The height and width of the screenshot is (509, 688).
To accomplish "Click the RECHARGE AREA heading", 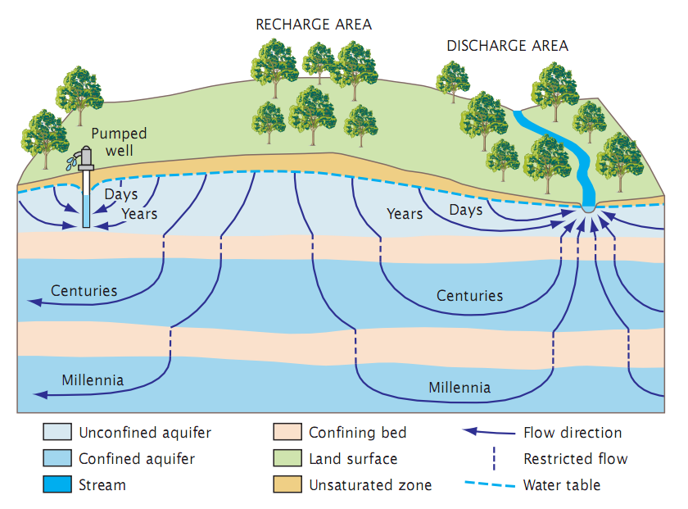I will (x=314, y=25).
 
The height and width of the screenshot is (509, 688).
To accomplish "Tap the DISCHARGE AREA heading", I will (x=507, y=46).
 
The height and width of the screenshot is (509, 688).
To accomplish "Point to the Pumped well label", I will (x=119, y=141).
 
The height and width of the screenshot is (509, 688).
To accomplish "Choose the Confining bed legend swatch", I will (x=286, y=433).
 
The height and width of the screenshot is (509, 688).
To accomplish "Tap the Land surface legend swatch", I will (x=286, y=459).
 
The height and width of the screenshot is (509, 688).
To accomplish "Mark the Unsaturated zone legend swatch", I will (x=286, y=485).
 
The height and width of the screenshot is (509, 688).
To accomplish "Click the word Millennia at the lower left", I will (x=93, y=380).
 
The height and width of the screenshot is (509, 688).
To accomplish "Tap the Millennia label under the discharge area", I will (x=459, y=387).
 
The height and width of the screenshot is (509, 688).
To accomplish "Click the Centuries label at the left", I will (x=84, y=291).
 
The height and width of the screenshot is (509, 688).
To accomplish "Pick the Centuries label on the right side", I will (x=469, y=296).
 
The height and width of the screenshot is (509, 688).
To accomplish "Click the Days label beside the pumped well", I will (x=121, y=195).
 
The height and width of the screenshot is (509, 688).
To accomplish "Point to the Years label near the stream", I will (x=405, y=214).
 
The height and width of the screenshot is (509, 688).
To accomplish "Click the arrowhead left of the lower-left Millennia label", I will (x=38, y=395).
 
